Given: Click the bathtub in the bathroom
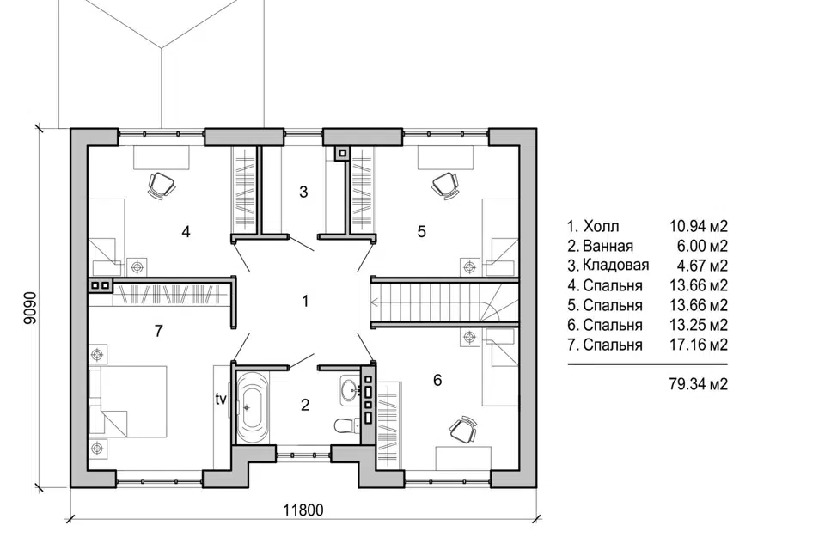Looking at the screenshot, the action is tap(253, 406).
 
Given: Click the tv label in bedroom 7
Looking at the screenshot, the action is tap(221, 399).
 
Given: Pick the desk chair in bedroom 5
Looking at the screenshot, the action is tap(445, 186).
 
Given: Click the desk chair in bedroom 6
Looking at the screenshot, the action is tap(463, 430).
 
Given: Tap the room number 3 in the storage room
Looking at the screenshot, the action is tap(303, 192).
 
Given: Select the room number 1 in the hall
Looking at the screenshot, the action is tap(304, 301).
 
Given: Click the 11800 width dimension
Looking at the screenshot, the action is tap(303, 510).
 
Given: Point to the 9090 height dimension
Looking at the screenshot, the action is tap(31, 308).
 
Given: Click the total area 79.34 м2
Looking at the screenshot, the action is tap(698, 383).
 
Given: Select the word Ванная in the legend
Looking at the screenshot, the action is tap(608, 246).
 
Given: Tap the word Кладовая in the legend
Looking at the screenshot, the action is tap(615, 265).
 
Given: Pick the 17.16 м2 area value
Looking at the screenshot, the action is tap(698, 345).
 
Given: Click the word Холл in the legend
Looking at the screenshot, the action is tap(601, 226).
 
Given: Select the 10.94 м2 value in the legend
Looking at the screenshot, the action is tap(698, 226).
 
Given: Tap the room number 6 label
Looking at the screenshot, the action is tap(437, 380).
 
